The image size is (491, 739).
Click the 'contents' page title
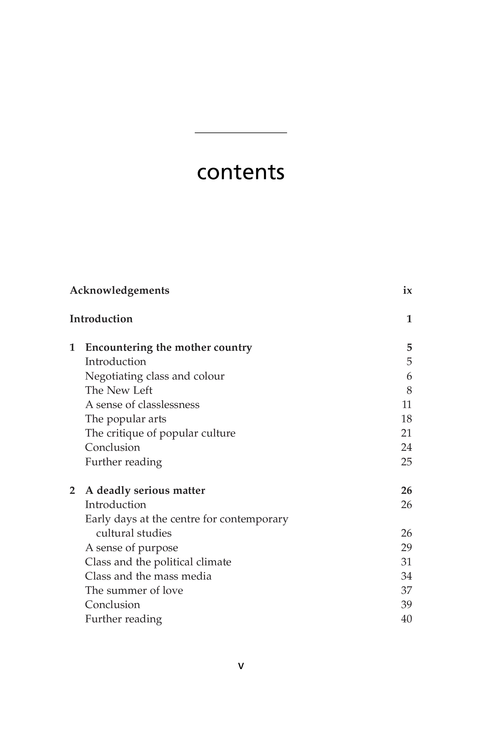point(240,172)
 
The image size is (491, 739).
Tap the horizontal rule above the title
point(240,133)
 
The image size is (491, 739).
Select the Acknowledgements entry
point(119,290)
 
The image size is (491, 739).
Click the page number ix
point(407,290)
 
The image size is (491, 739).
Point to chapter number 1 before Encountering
point(72,347)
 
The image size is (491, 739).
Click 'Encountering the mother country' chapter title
point(168,347)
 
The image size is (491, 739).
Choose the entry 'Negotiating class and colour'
point(155,376)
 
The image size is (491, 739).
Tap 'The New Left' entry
point(119,390)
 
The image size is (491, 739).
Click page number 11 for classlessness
point(406,404)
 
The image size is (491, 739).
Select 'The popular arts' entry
point(125,419)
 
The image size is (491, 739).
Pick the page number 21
point(406,433)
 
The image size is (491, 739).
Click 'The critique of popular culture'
point(160,433)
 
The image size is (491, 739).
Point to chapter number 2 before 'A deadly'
point(72,490)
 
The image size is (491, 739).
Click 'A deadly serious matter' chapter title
point(145,490)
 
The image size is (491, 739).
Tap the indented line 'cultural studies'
point(134,533)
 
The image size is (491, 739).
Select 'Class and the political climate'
point(158,562)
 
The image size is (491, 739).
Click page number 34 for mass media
point(406,576)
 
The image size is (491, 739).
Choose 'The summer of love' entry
point(134,590)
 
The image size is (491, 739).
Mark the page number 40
point(406,619)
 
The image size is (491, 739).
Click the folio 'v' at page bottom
point(241,666)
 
